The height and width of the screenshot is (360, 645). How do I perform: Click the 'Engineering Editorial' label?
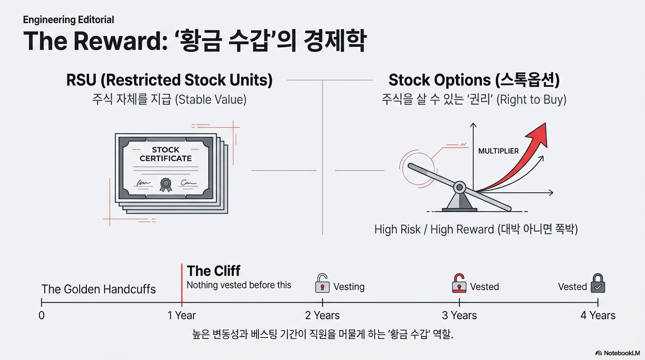pyautogui.click(x=68, y=20)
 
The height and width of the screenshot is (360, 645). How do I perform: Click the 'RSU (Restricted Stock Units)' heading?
pyautogui.click(x=169, y=80)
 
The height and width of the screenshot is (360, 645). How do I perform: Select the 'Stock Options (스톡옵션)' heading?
pyautogui.click(x=474, y=80)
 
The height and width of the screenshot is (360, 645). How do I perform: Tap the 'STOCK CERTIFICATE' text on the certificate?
pyautogui.click(x=165, y=154)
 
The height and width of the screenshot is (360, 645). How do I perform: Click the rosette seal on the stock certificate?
pyautogui.click(x=165, y=184)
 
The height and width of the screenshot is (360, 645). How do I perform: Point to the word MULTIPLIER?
pyautogui.click(x=498, y=151)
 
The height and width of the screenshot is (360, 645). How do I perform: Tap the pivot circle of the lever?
pyautogui.click(x=460, y=187)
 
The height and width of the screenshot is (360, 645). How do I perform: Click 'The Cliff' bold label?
pyautogui.click(x=213, y=271)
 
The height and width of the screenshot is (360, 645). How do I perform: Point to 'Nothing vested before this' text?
pyautogui.click(x=239, y=285)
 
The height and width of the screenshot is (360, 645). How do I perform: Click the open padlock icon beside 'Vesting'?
pyautogui.click(x=322, y=284)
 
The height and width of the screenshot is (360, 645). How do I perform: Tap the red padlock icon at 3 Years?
pyautogui.click(x=459, y=284)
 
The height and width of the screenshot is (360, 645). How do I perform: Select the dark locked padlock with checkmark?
pyautogui.click(x=598, y=284)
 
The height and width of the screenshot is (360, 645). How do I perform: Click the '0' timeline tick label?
pyautogui.click(x=42, y=315)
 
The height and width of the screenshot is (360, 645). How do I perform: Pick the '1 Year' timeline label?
pyautogui.click(x=181, y=315)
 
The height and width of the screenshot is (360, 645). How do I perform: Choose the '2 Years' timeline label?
pyautogui.click(x=322, y=315)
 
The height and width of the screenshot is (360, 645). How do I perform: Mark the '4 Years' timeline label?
pyautogui.click(x=598, y=315)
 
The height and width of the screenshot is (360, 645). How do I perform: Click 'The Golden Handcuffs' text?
pyautogui.click(x=98, y=289)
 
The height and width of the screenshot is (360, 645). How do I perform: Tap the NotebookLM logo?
pyautogui.click(x=617, y=353)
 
